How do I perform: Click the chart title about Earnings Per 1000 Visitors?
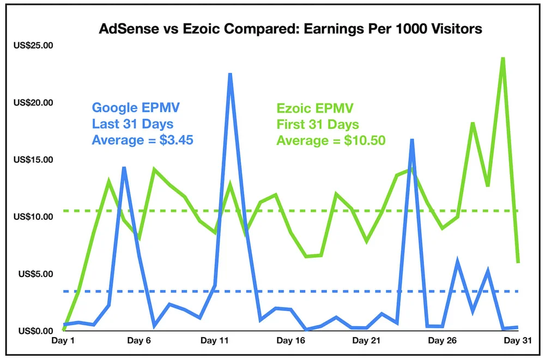click(x=290, y=29)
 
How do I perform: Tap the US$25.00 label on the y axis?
click(x=33, y=45)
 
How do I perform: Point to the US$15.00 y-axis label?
click(x=33, y=160)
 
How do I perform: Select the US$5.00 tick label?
click(x=35, y=274)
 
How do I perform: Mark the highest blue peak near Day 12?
click(x=230, y=74)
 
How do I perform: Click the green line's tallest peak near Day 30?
click(x=502, y=58)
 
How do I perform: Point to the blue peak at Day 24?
click(x=412, y=140)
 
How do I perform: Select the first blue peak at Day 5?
click(x=124, y=168)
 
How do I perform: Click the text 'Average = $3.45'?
click(x=142, y=140)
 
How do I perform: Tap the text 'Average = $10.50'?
click(x=331, y=141)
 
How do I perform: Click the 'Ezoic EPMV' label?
click(x=314, y=107)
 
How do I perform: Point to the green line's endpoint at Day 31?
click(x=517, y=262)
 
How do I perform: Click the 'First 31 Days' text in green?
click(x=317, y=124)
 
